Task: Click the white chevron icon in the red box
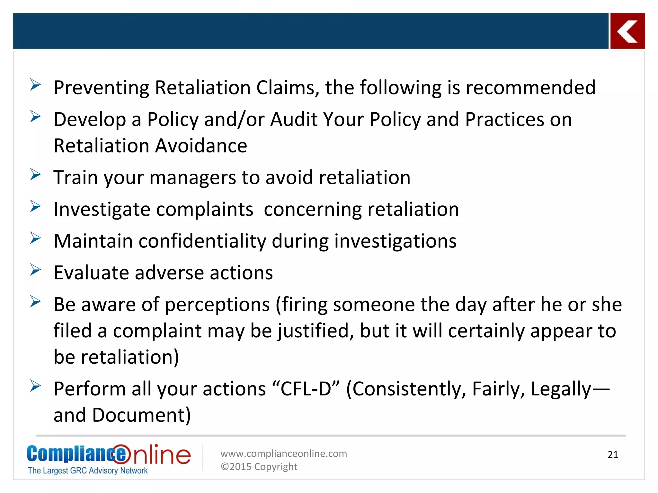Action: [x=627, y=31]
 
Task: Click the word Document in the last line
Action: [x=141, y=415]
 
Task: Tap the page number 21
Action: [x=613, y=455]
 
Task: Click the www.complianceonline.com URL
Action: [x=283, y=454]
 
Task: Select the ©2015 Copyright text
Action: [x=259, y=467]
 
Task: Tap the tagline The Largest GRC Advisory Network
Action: [x=87, y=471]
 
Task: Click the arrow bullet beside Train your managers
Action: [x=35, y=174]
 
